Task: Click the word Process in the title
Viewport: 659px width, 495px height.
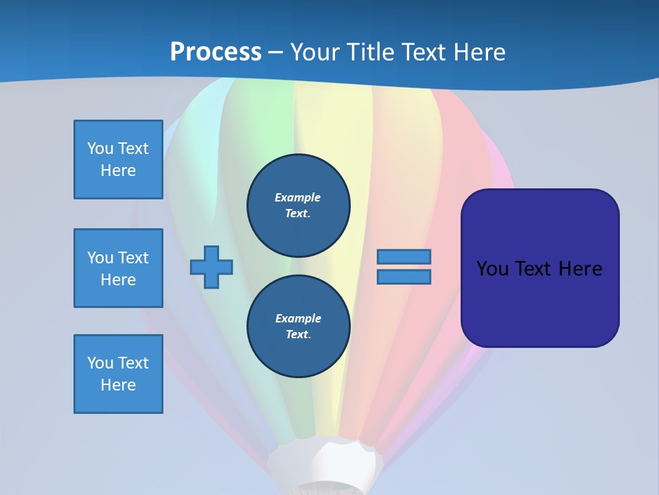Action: [x=216, y=52]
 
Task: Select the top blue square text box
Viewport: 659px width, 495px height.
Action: [x=118, y=159]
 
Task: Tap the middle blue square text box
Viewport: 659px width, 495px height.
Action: [x=118, y=268]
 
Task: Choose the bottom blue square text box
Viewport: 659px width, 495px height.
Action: [x=118, y=374]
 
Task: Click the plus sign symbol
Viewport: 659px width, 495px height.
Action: [x=211, y=267]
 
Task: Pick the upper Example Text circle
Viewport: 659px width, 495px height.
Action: [x=298, y=206]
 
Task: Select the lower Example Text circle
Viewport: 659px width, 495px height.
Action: [x=298, y=326]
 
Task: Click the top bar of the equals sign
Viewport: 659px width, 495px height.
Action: [x=404, y=257]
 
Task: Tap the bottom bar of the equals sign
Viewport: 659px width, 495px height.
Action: [x=404, y=276]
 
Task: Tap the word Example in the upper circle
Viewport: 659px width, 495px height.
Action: [x=297, y=197]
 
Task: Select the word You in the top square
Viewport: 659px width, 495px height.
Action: [x=100, y=148]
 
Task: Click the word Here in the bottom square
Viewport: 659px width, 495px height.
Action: [x=118, y=385]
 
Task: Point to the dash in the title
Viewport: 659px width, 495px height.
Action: [x=276, y=52]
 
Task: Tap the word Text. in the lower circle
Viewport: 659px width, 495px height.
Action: [x=298, y=335]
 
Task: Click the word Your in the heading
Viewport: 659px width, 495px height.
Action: [x=314, y=52]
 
